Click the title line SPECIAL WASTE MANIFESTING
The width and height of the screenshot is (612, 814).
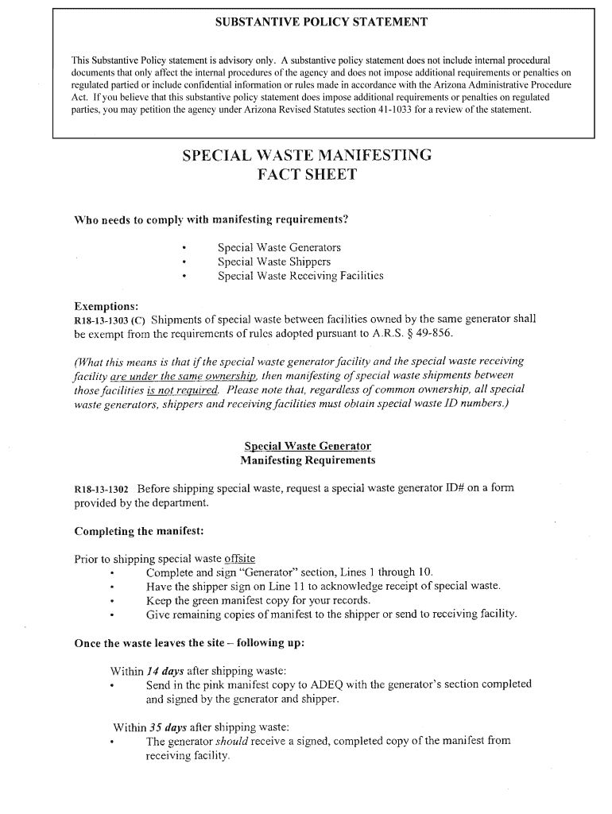(307, 155)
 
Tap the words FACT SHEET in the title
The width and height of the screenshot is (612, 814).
(307, 174)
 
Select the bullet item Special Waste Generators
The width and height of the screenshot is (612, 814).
(279, 247)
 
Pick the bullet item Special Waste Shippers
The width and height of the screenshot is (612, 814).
(274, 262)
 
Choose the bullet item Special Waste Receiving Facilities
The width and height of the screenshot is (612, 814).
(300, 276)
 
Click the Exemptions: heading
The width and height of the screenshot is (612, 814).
(106, 306)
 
